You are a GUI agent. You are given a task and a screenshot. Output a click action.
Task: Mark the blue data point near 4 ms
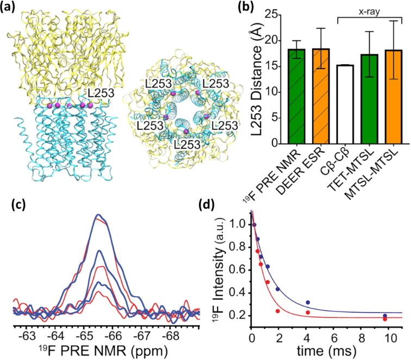[308, 302]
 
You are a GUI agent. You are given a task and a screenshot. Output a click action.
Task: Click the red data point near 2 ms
[278, 311]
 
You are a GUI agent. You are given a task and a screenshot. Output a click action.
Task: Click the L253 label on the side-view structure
[102, 93]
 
